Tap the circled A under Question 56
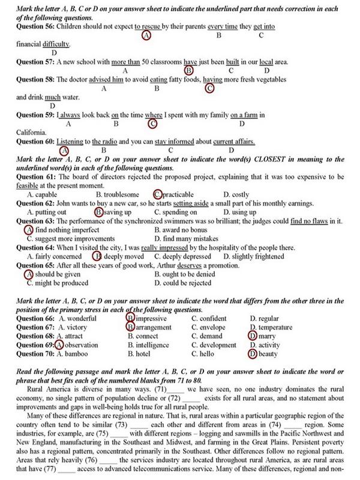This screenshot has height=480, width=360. pyautogui.click(x=146, y=35)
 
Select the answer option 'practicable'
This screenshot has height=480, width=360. pyautogui.click(x=178, y=194)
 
